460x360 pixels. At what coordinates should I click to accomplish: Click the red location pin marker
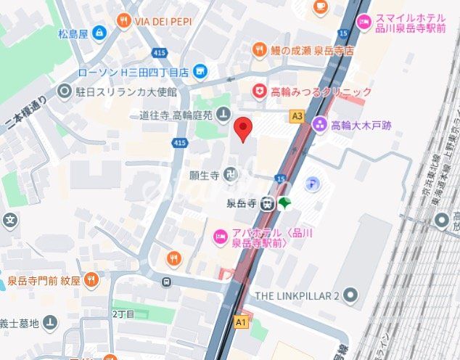(244, 128)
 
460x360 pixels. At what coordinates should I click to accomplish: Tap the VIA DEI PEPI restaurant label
(163, 21)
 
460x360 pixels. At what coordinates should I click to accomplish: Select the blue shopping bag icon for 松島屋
(99, 33)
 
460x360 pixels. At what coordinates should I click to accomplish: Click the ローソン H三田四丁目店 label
(134, 71)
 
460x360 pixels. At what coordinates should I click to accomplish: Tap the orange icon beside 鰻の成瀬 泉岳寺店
(259, 49)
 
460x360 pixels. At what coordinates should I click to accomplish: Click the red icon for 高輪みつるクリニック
(259, 91)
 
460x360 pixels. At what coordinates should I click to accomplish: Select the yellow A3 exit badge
(296, 115)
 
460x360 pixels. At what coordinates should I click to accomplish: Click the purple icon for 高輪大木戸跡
(320, 125)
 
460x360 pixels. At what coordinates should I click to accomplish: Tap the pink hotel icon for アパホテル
(220, 237)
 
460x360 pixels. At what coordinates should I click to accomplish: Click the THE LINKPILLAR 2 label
(297, 295)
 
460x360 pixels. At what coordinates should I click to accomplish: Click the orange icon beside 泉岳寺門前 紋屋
(91, 278)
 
